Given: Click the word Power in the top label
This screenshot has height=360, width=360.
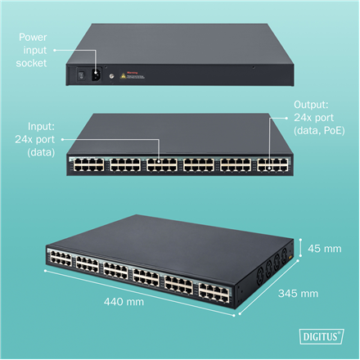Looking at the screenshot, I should (39, 35).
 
